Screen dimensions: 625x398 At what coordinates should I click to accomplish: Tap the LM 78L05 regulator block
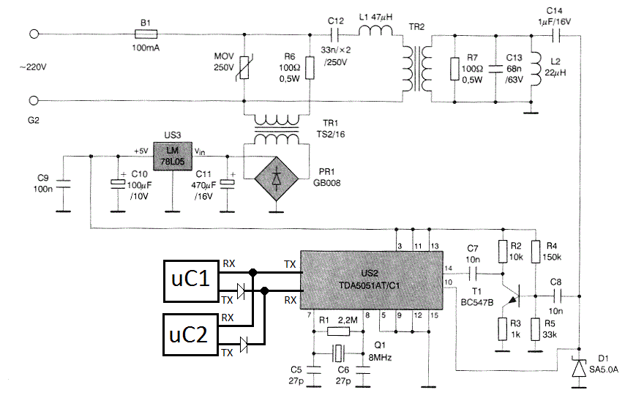point(173,156)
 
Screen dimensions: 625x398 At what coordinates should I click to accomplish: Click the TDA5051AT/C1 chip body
point(372,279)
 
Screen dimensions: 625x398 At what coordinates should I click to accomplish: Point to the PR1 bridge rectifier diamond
point(276,179)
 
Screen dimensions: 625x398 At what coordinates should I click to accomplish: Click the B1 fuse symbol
point(146,34)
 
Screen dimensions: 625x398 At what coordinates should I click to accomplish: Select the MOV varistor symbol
point(244,67)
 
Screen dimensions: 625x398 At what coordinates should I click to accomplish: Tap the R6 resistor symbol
point(310,68)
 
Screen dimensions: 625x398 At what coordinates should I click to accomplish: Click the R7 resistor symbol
point(454,69)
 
